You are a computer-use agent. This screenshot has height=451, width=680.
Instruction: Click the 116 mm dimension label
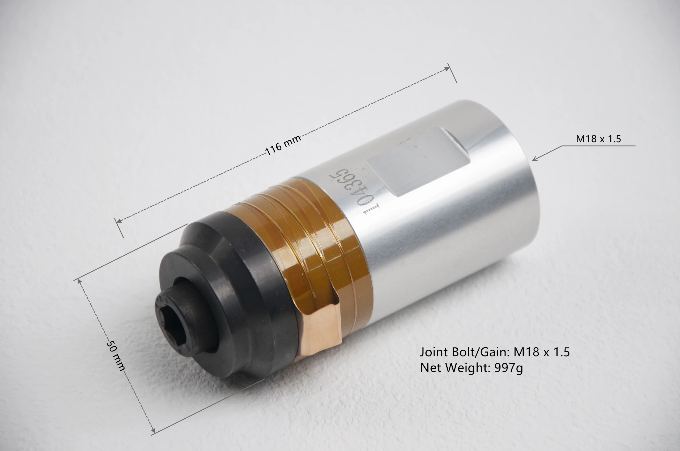283,145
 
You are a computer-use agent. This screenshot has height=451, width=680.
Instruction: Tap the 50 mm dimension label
116,355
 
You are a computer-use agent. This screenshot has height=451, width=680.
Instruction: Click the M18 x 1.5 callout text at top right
598,139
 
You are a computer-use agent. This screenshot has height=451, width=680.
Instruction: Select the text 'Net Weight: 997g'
471,368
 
